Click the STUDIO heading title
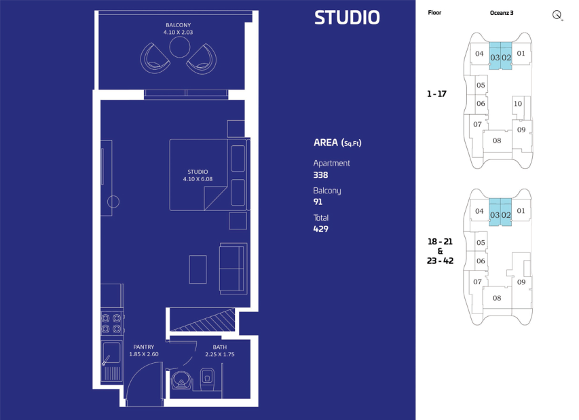pos(347,18)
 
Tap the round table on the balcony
pos(180,47)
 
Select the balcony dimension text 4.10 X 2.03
pos(178,32)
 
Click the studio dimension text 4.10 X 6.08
pos(198,179)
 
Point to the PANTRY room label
pos(144,347)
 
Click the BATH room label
pos(220,347)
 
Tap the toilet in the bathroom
pos(207,379)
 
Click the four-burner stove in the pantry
pos(111,323)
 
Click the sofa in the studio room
pos(233,268)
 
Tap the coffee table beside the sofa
pos(198,269)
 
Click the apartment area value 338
pos(320,175)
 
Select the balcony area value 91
pos(318,202)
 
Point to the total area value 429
pos(320,229)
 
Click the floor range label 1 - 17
pos(436,94)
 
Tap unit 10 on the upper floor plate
pos(518,104)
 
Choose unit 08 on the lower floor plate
pos(497,298)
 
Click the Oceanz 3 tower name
pos(502,13)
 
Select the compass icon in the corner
pos(557,15)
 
